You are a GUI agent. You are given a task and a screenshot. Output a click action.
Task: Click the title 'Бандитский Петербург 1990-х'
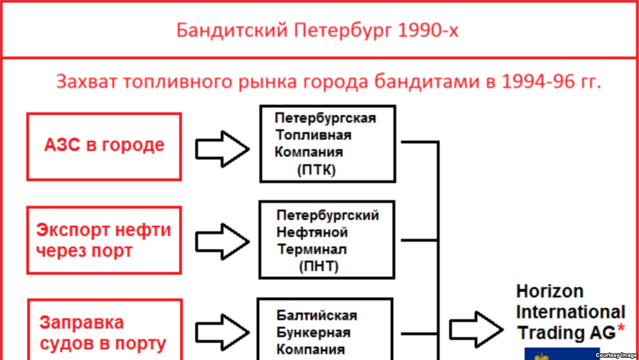coord(317,30)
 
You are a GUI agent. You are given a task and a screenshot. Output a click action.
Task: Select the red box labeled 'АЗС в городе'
coord(104,146)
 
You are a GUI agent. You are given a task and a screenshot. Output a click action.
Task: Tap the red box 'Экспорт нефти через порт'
coord(104,240)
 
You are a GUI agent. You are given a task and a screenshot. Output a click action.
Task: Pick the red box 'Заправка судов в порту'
coord(104,332)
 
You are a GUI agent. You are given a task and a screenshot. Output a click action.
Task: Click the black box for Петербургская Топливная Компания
coord(328,144)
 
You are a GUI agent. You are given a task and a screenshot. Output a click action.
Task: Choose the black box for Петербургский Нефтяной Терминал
coord(327,240)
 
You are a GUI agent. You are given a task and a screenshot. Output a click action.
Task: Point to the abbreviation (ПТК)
coord(316,171)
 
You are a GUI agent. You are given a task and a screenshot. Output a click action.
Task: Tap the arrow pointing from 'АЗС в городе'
coord(222,148)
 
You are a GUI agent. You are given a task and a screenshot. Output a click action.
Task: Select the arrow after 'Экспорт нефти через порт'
coord(222,241)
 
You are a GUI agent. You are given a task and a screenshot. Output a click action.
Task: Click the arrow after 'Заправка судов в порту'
coord(222,332)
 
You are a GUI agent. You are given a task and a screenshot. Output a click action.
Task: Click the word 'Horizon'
coord(550,291)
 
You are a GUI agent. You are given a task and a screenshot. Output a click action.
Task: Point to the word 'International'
coord(571,312)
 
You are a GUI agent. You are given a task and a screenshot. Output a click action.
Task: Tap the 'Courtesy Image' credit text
coord(617,355)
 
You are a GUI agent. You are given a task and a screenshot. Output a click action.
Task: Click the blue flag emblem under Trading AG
coord(561,353)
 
